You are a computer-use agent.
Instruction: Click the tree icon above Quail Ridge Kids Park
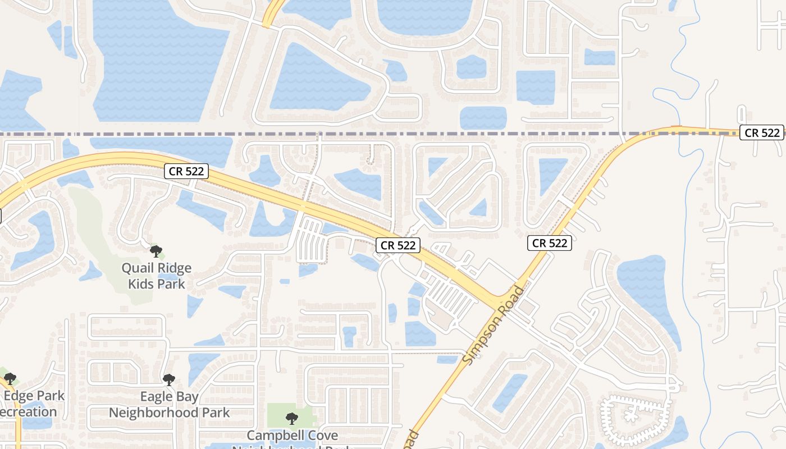click(156, 251)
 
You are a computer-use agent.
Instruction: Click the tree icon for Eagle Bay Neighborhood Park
click(169, 380)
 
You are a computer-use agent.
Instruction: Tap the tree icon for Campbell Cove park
click(291, 418)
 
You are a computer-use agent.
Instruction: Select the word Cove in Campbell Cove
click(325, 436)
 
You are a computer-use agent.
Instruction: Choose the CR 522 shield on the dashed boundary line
click(761, 132)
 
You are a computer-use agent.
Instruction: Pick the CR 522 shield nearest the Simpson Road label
click(550, 243)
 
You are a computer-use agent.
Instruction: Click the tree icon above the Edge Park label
click(10, 379)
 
